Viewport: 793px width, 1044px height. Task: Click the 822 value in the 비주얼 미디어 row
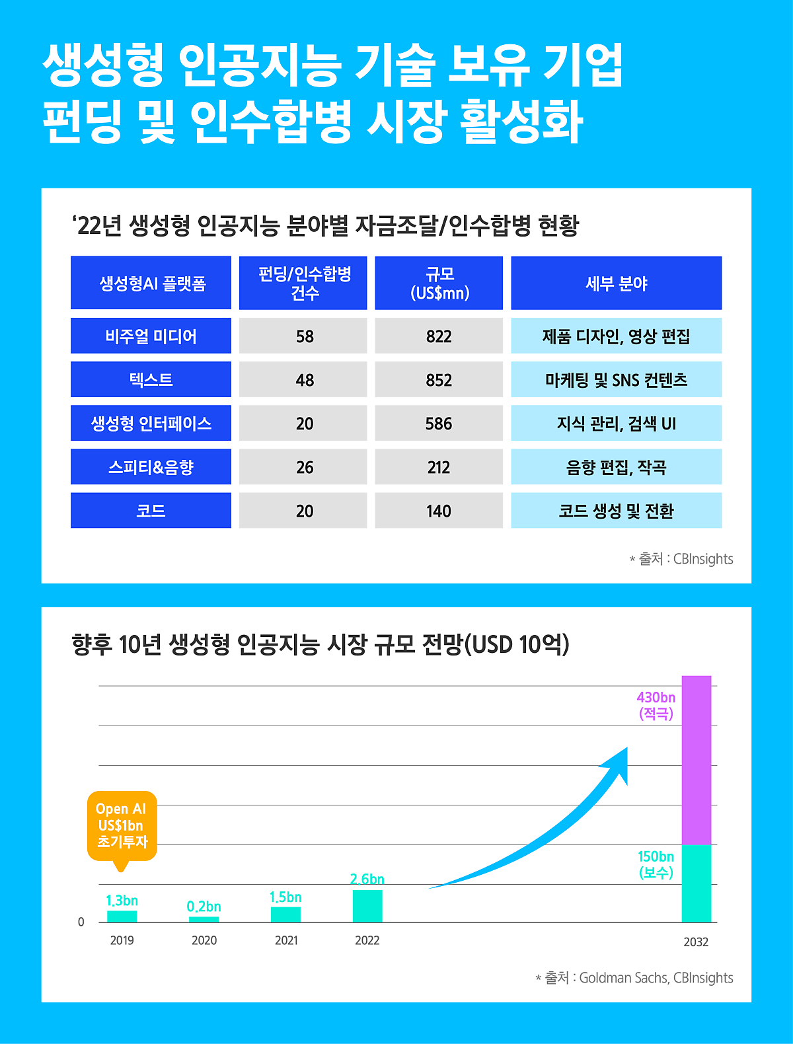(x=439, y=336)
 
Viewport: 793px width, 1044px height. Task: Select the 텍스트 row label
(x=151, y=380)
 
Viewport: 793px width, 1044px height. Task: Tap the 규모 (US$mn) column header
(x=439, y=283)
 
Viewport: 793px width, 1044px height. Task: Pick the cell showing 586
(x=439, y=424)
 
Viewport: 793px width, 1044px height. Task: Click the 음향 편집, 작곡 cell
(x=616, y=467)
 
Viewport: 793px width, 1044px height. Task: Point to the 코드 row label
(x=151, y=511)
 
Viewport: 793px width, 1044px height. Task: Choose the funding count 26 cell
(x=304, y=467)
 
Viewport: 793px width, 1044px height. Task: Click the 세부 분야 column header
(x=616, y=283)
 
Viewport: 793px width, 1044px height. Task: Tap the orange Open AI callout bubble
(x=122, y=825)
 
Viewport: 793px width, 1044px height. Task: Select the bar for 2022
(x=367, y=906)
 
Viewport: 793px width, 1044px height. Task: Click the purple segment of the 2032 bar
(x=697, y=760)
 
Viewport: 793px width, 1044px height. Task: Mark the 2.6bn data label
(x=367, y=879)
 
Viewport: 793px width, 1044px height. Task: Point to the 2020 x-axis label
(x=204, y=940)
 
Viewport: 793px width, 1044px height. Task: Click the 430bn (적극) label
(x=656, y=705)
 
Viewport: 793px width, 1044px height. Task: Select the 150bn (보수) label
(x=656, y=864)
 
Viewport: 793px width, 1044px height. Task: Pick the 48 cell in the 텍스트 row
(x=304, y=380)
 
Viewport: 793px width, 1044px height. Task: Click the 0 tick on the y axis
(x=81, y=922)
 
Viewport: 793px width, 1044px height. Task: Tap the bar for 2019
(x=122, y=916)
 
